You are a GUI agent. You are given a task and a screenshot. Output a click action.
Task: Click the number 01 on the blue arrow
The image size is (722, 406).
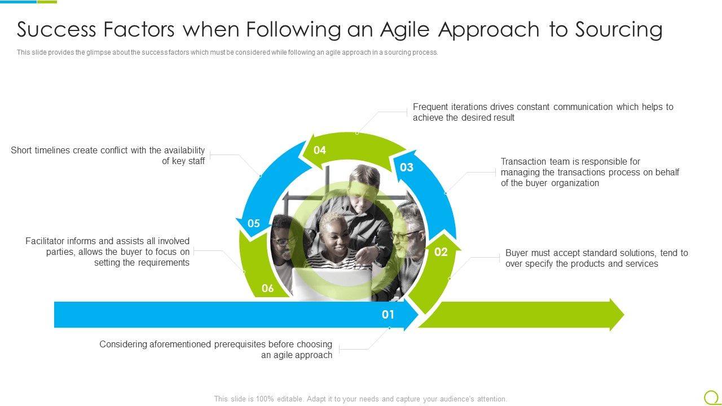coord(388,314)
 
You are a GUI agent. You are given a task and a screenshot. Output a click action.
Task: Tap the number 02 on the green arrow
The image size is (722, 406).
coord(441,252)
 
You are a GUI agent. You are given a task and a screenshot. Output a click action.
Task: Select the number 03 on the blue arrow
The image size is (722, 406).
coord(407,167)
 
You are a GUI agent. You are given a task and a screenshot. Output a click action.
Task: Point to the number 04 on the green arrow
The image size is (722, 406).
coord(320,150)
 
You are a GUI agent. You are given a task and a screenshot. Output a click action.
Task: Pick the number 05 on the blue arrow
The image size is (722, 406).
coord(254,223)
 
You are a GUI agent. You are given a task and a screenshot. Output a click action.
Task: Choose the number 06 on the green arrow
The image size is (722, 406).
coord(267,289)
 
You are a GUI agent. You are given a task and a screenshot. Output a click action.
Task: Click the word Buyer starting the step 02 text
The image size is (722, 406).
coord(517,253)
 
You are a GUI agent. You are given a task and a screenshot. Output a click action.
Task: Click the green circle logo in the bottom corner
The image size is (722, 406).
coord(711,397)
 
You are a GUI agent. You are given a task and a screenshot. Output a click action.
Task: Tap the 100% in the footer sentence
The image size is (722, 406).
coord(266,399)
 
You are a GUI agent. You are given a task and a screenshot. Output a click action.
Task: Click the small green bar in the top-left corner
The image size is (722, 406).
coord(47,2)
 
